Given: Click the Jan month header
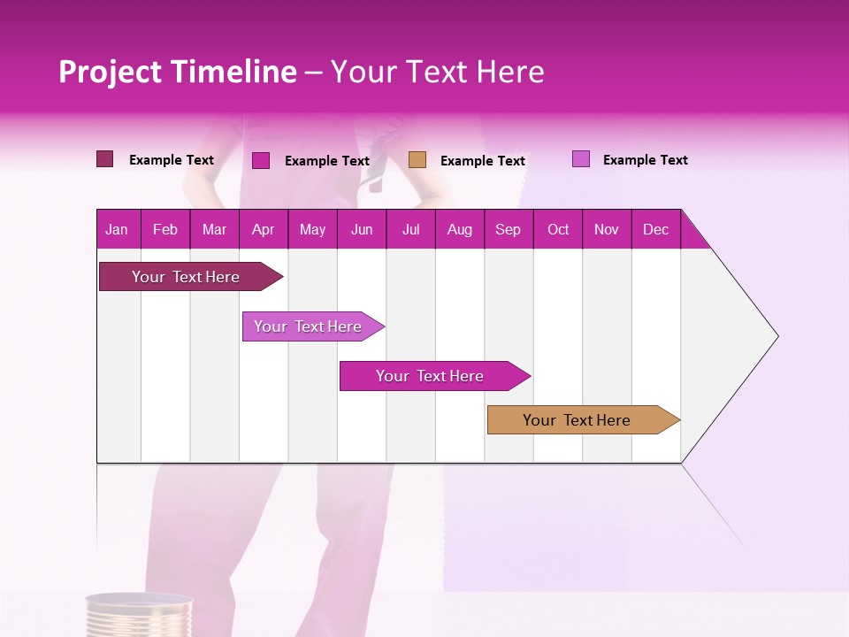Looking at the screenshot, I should pos(117,230).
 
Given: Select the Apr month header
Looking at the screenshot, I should pos(263,230).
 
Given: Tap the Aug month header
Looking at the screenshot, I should pos(459,230).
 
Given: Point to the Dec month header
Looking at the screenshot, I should pos(655,230).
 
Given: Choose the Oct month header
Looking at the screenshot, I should pos(558,230).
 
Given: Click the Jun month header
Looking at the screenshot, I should pos(362,230).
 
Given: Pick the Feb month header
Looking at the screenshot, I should pos(164,230).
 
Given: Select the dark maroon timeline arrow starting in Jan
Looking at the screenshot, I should pos(186,277).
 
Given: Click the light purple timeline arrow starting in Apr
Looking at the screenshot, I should pos(308,326).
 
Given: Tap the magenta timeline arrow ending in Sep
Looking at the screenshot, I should pos(430,376).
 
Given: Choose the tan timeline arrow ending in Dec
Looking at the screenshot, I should pos(577,420).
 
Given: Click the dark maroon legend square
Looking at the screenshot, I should pos(104,159).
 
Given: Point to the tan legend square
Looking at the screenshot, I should pos(417,159).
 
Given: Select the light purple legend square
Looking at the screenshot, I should pos(580,159).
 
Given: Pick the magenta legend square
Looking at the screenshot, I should pos(261,160).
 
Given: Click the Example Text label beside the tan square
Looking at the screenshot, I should pos(483,161).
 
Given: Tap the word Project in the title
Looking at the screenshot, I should pos(110,72).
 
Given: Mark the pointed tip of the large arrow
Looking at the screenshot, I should pos(776,336).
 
